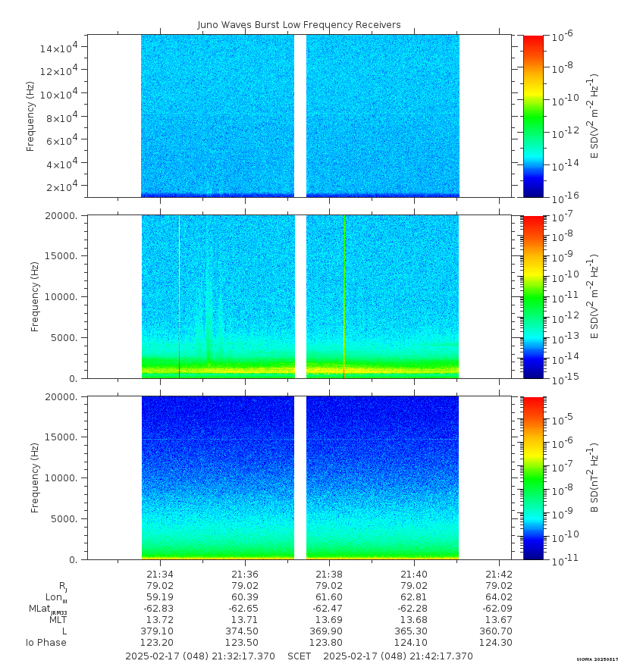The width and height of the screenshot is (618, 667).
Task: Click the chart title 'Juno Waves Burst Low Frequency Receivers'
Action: pos(299,25)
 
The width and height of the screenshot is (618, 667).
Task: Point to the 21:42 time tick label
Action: pos(499,574)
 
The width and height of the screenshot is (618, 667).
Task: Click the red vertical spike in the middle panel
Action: pos(179,296)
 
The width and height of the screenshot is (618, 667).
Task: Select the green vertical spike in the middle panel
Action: pos(344,296)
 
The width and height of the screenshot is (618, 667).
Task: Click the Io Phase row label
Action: pos(46,643)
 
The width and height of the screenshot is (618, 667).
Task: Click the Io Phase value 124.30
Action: pos(499,643)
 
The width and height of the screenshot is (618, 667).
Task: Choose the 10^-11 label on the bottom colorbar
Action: pos(564,560)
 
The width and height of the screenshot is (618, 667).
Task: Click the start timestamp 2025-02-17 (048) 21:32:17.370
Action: pos(200,656)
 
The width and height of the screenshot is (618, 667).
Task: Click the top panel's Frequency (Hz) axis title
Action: pos(31,116)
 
